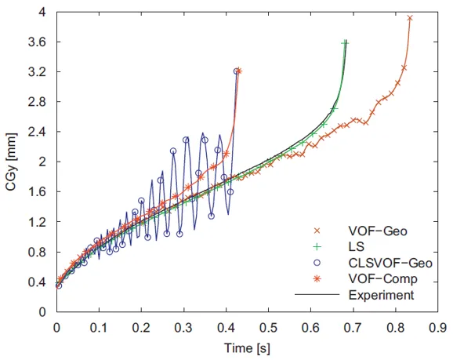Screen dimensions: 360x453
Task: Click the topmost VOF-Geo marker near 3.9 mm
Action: pos(410,17)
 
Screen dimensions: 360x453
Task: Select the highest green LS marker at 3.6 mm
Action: pos(345,43)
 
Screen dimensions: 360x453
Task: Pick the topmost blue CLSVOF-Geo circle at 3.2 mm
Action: pos(236,71)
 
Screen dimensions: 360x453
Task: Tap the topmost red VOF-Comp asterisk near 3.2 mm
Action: pos(239,71)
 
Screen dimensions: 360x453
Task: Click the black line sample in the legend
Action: pos(315,296)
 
